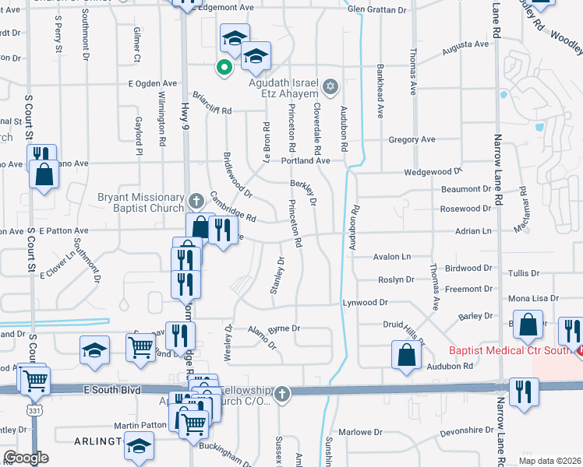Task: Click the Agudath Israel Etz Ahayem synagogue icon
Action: click(x=330, y=85)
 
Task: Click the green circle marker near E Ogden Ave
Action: click(x=224, y=68)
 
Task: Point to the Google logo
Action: click(x=26, y=458)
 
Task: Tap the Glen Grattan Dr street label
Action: click(x=377, y=9)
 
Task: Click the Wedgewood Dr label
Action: click(x=433, y=171)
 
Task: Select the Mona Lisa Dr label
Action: click(x=534, y=298)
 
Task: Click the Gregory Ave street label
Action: click(x=412, y=140)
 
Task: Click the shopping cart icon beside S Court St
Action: click(x=36, y=381)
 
